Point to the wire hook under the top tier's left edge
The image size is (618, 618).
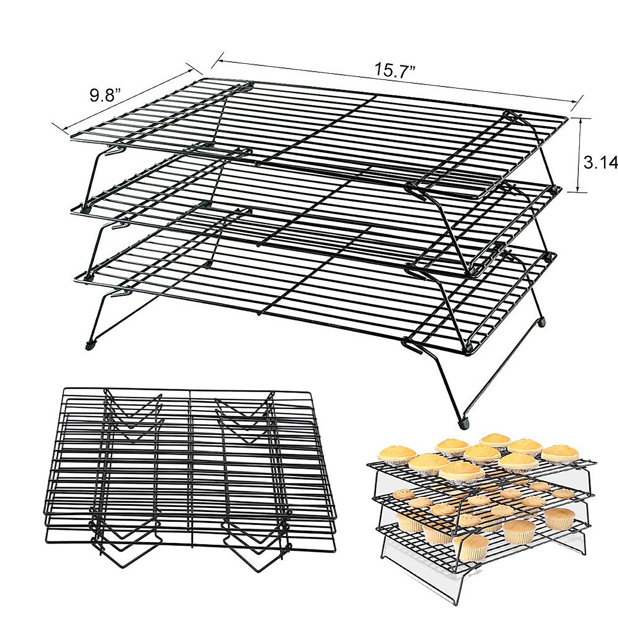[x=116, y=151]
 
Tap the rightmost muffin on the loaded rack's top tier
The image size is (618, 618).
[x=558, y=454]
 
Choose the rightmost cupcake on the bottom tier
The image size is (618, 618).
[x=559, y=518]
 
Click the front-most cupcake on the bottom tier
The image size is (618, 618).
[x=471, y=547]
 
